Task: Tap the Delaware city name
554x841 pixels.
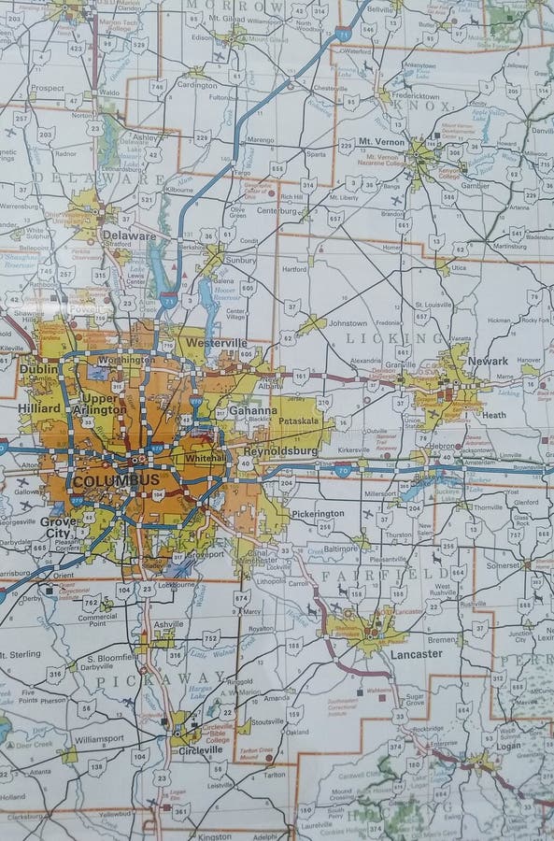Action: (x=130, y=236)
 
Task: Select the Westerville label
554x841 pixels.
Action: (x=216, y=343)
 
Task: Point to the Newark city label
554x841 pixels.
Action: (x=489, y=361)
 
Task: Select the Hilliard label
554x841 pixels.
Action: (x=39, y=408)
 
